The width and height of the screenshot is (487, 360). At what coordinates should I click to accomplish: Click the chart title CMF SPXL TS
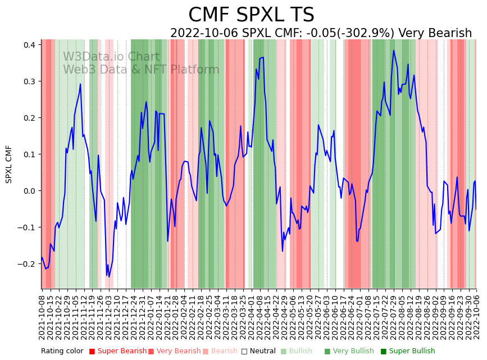[251, 15]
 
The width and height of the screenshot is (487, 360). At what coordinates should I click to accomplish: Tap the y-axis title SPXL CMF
[9, 164]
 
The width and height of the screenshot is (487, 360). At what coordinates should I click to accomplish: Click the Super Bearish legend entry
[118, 352]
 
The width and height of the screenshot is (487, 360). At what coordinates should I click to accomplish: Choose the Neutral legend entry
[260, 352]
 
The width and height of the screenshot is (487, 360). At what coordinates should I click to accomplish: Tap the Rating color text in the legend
[62, 352]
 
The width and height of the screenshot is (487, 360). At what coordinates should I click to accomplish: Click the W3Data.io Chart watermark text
[111, 57]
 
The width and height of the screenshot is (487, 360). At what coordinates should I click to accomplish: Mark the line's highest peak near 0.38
[394, 51]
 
